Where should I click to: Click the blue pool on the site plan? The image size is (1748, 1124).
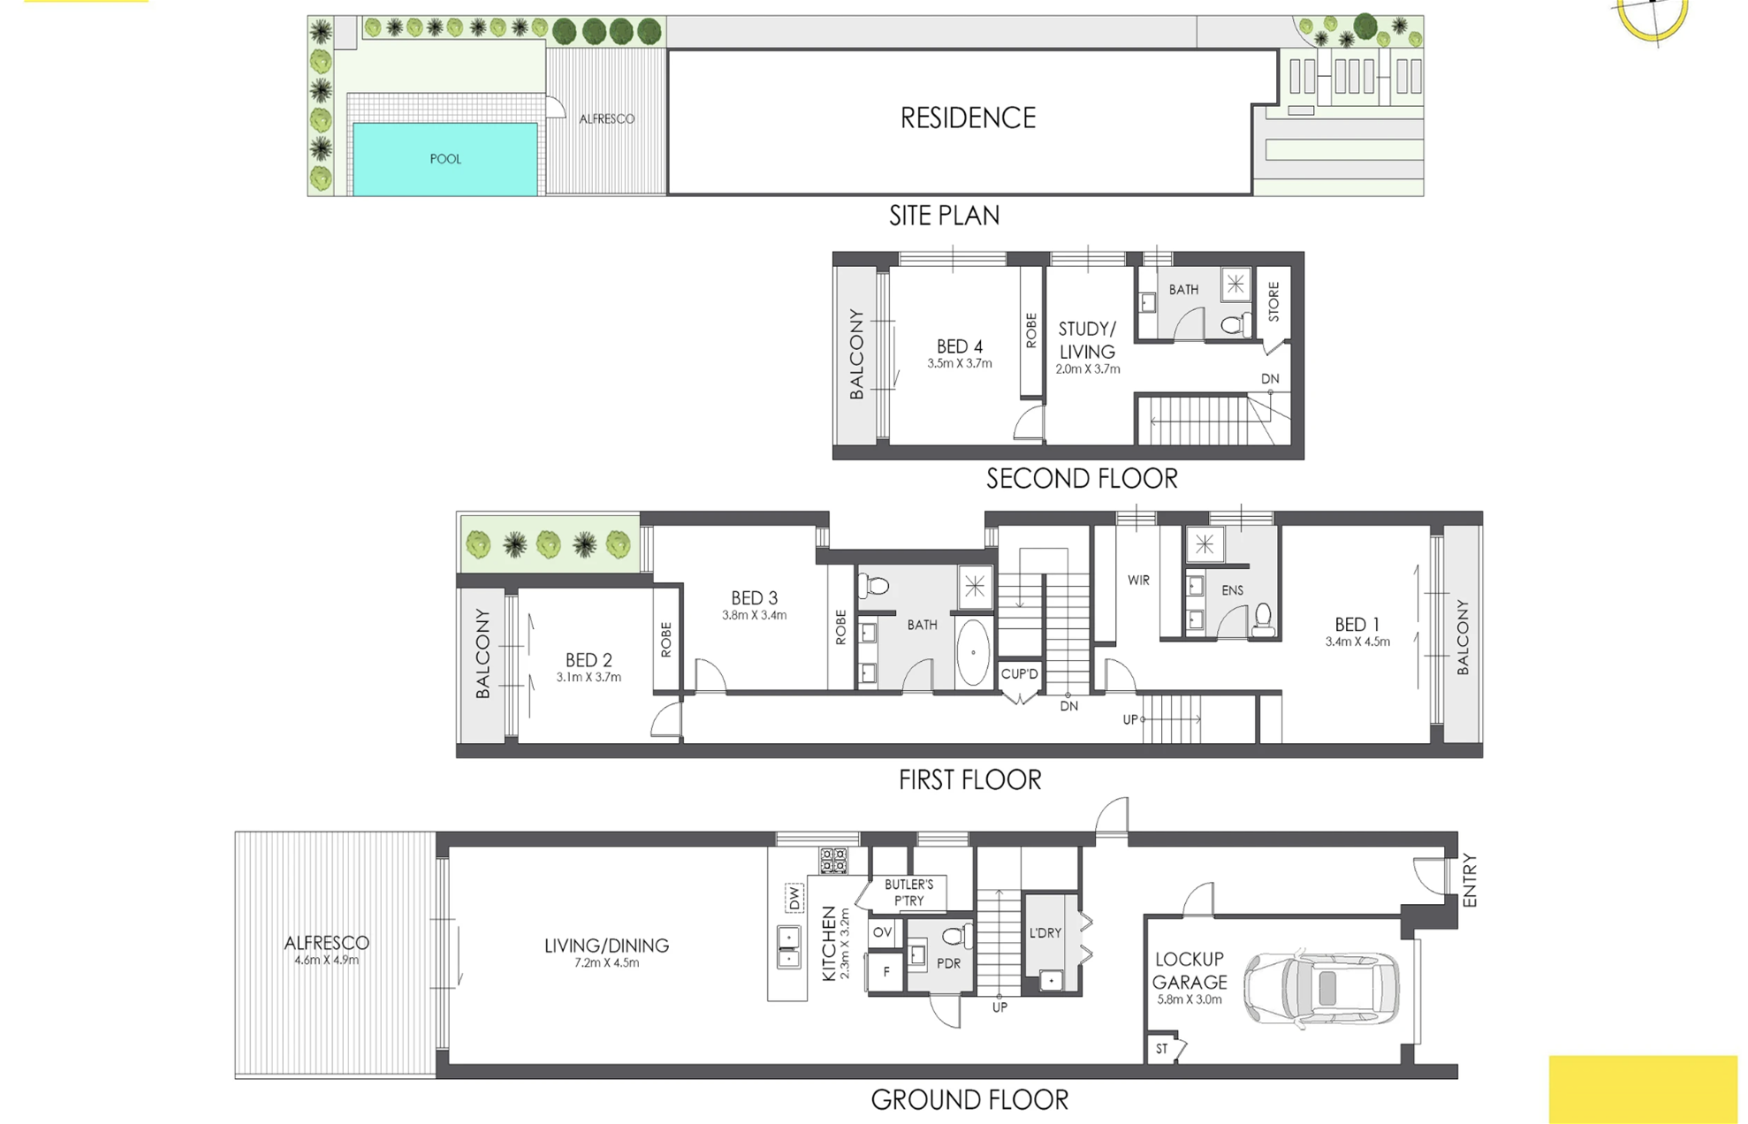(445, 159)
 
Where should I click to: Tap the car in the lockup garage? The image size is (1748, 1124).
(1322, 988)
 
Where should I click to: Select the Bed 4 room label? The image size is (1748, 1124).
(960, 346)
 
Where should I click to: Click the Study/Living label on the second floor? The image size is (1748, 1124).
(1087, 340)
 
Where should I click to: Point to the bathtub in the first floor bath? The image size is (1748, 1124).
(973, 653)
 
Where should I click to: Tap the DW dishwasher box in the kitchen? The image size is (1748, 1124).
(794, 898)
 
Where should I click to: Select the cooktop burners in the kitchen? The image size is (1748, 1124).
(833, 860)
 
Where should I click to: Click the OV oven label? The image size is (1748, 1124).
(882, 932)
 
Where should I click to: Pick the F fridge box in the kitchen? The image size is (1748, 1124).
(886, 971)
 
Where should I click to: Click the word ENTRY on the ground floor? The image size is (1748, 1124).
(1470, 880)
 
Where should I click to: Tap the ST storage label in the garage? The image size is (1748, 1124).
(1162, 1049)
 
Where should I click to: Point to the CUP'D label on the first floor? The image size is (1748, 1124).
(1020, 674)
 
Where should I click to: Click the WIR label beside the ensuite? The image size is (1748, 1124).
(1138, 581)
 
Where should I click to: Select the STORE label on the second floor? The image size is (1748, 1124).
(1273, 302)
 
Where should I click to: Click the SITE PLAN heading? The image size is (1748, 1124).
(945, 216)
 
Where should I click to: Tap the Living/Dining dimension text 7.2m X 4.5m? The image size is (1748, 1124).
(607, 963)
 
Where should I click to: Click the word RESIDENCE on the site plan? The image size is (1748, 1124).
(968, 118)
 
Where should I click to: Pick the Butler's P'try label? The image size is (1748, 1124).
(908, 892)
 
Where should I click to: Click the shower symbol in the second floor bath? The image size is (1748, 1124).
(1236, 284)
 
